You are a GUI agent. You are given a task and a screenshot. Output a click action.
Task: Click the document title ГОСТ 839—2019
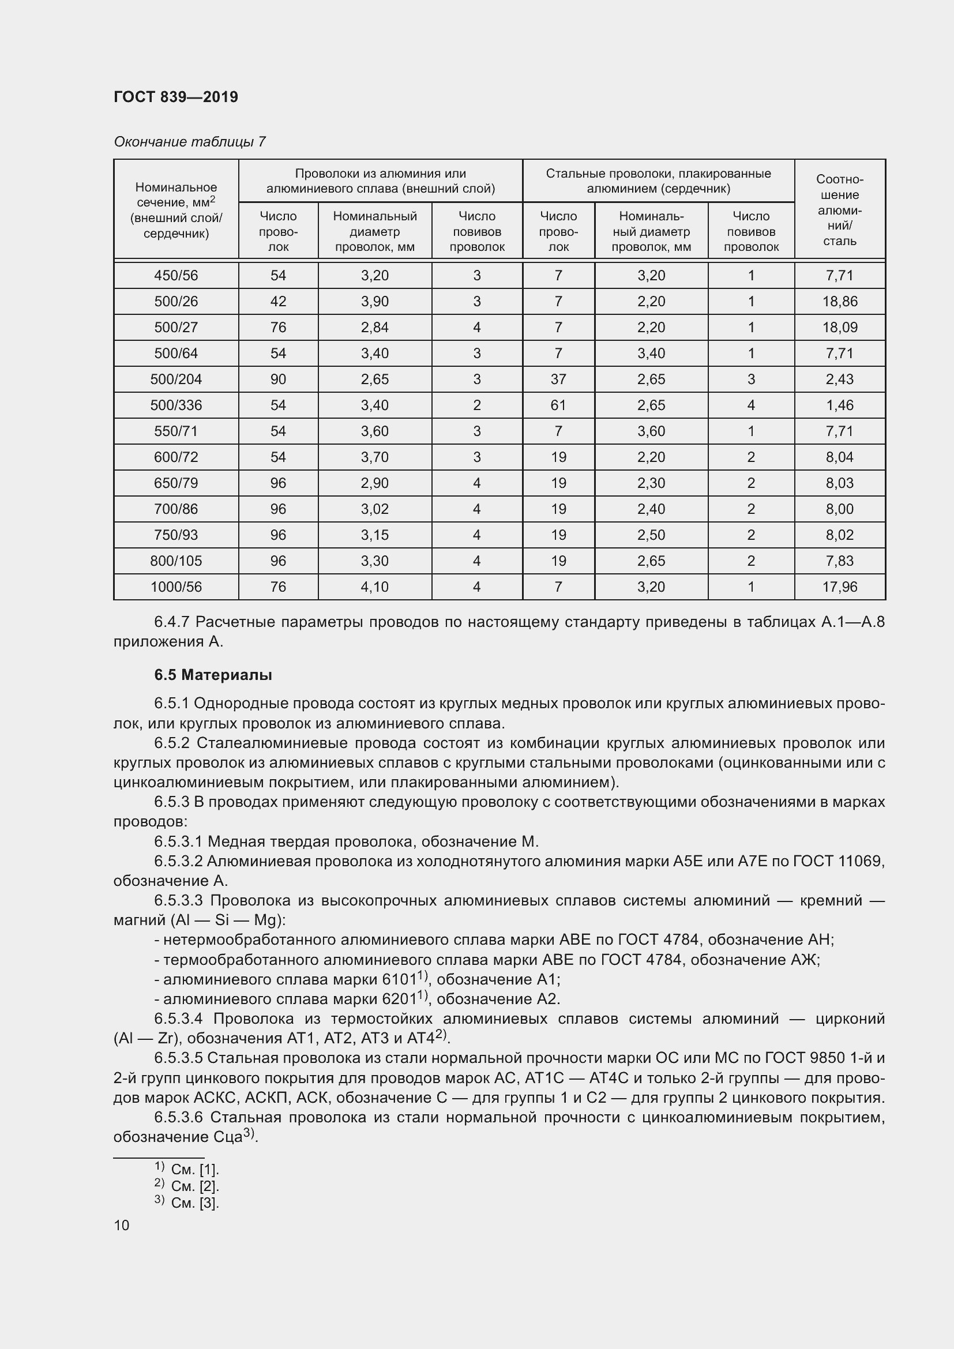(x=176, y=97)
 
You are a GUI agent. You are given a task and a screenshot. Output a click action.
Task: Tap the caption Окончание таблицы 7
(x=189, y=142)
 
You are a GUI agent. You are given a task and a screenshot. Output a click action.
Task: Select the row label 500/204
(x=176, y=379)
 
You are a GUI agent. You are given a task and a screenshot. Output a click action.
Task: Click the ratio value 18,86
(x=839, y=302)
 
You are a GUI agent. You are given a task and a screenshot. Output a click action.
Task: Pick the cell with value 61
(x=558, y=405)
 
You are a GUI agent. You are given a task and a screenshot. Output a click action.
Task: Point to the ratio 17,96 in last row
(x=839, y=587)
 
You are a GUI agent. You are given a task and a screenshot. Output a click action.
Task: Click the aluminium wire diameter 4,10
(x=374, y=587)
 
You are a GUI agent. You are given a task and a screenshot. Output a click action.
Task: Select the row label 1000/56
(x=176, y=587)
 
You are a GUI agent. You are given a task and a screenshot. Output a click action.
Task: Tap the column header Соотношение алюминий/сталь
(x=839, y=210)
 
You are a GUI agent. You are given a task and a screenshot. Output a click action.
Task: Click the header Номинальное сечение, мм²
(x=176, y=210)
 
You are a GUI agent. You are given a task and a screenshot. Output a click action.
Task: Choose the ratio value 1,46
(x=839, y=405)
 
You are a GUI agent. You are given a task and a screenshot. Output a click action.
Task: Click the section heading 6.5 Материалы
(x=213, y=675)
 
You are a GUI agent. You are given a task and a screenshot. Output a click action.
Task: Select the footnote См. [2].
(x=194, y=1186)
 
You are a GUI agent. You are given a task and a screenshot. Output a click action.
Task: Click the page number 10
(x=122, y=1226)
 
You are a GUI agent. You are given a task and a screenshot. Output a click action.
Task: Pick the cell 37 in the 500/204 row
(x=558, y=379)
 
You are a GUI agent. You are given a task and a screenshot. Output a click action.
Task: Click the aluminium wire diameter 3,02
(x=374, y=509)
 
